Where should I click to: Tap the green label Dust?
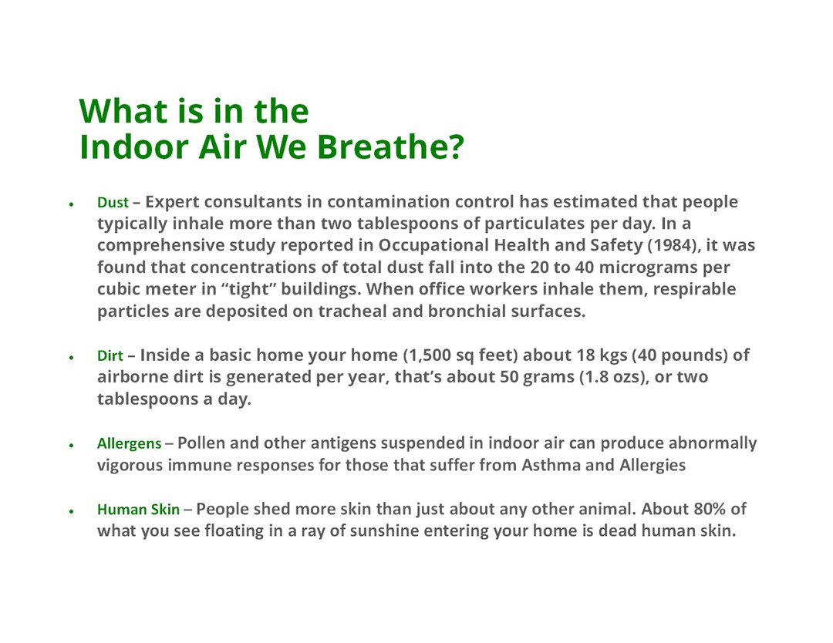(113, 202)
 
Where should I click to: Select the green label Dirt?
(110, 355)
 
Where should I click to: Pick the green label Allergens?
(129, 443)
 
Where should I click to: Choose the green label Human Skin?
(138, 509)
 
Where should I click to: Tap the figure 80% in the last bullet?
(710, 509)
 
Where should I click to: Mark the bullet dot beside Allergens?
(71, 445)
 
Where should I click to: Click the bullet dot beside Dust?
(71, 204)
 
